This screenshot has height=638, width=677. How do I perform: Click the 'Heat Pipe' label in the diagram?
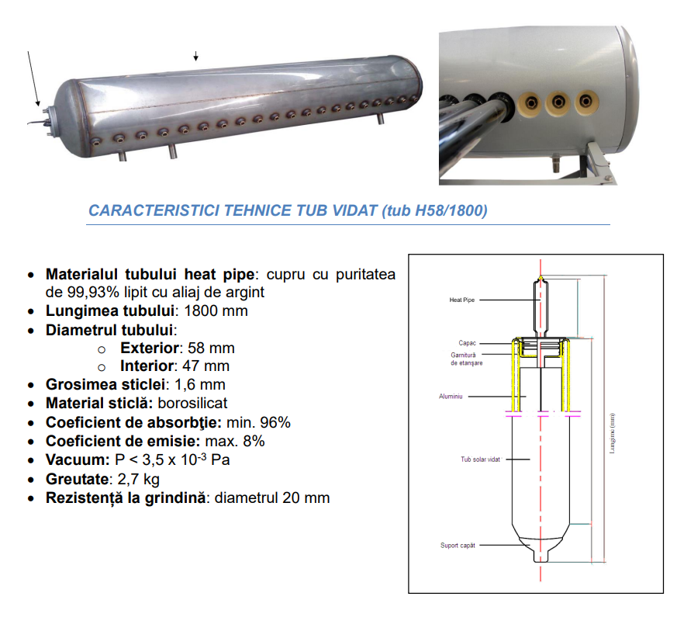click(x=461, y=300)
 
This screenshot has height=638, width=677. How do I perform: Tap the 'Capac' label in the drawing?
click(x=467, y=343)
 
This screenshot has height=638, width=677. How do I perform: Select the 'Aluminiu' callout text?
click(x=451, y=397)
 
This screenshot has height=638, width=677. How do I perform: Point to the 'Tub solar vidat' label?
click(x=480, y=459)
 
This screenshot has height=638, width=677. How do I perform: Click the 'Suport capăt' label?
click(x=458, y=546)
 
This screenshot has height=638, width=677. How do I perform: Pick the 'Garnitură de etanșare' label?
click(x=466, y=359)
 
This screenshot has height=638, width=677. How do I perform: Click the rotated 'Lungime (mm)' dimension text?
click(x=612, y=434)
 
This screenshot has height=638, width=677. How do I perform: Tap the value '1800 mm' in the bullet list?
click(x=216, y=310)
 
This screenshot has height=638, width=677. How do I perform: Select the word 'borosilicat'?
click(x=192, y=403)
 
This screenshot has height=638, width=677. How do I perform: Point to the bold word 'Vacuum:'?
click(x=78, y=459)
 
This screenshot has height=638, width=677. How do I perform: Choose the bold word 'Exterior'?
click(x=150, y=348)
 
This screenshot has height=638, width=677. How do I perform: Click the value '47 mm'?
click(x=206, y=366)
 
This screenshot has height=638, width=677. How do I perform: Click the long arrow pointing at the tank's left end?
click(x=33, y=78)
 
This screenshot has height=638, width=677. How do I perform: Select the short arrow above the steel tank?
click(x=195, y=56)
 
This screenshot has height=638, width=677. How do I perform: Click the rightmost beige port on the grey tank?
click(x=586, y=102)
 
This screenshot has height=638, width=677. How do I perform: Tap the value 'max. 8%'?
click(x=235, y=441)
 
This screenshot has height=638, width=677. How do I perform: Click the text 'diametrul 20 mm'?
click(x=272, y=498)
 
